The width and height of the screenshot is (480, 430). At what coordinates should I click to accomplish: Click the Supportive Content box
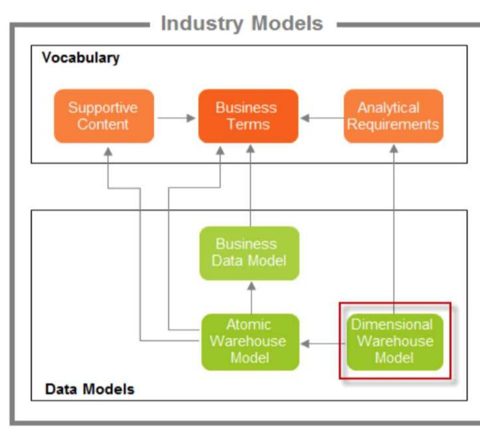[104, 116]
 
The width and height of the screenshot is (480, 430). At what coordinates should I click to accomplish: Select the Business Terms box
[248, 116]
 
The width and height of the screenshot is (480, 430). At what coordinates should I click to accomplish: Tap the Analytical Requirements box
[393, 116]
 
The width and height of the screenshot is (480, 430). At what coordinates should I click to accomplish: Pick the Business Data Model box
[249, 253]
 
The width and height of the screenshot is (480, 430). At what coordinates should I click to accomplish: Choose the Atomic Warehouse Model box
[250, 341]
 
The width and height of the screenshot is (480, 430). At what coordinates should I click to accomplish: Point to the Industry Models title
[242, 24]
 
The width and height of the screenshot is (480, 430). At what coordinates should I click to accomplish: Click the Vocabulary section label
[81, 58]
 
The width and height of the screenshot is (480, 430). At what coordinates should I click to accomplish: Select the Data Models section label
[90, 389]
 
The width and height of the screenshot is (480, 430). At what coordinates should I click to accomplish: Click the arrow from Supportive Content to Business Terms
[176, 118]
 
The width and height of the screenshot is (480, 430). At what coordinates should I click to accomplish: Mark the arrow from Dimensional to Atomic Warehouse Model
[323, 344]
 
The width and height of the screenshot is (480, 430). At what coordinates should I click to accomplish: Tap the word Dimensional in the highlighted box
[392, 324]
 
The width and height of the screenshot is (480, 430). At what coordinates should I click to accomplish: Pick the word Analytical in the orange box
[388, 107]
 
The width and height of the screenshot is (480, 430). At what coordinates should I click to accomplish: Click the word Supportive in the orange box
[103, 107]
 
